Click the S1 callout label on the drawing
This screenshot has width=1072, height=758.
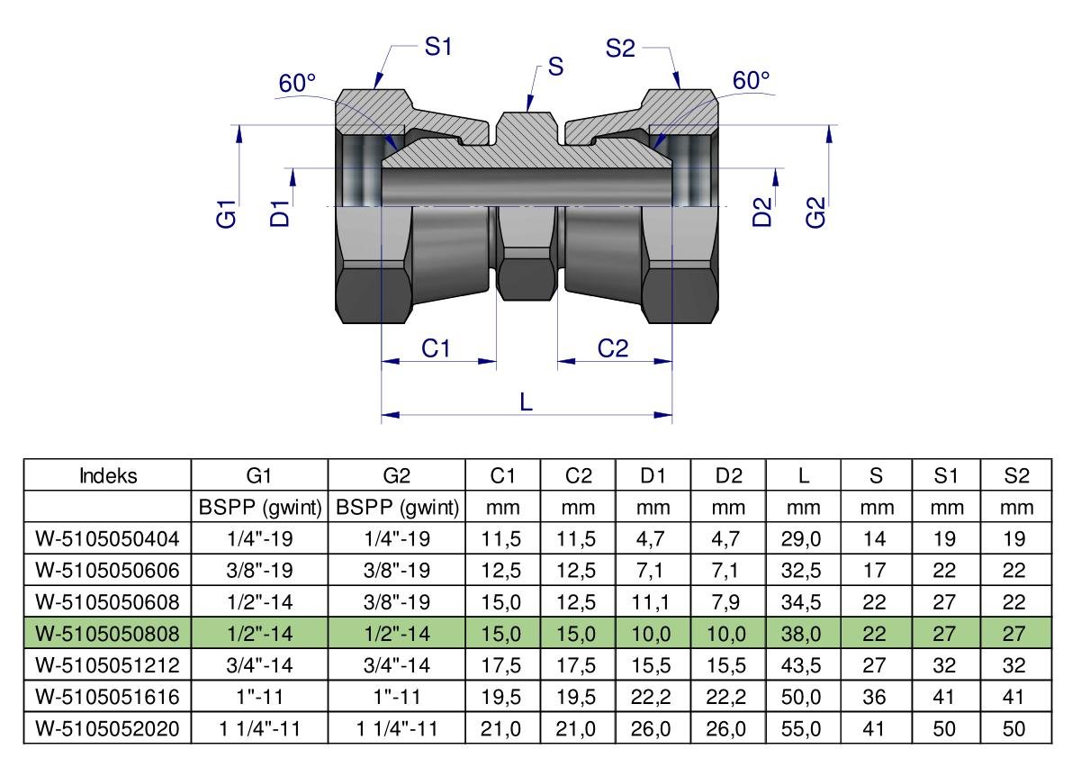tap(437, 49)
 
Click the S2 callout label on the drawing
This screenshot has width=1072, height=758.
tap(620, 49)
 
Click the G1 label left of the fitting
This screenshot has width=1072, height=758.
tap(227, 215)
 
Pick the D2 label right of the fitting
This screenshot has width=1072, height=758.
tap(762, 212)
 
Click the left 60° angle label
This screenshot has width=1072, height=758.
tap(297, 84)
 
